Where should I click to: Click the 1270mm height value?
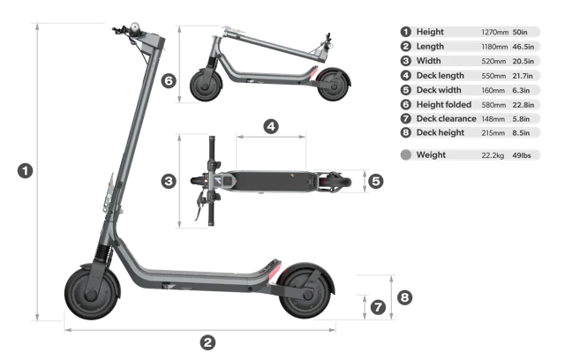tap(494, 33)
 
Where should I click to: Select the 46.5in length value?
tap(524, 47)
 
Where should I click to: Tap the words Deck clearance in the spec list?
tap(446, 119)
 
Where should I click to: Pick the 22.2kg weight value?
tap(493, 155)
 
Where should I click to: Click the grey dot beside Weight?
tap(406, 155)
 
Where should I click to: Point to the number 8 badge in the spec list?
tap(406, 133)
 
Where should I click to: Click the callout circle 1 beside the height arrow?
tap(26, 170)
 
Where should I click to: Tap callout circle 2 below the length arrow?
tap(208, 342)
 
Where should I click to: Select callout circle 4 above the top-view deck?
tap(271, 126)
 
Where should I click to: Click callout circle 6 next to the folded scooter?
tap(169, 80)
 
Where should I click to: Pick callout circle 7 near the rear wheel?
tap(378, 307)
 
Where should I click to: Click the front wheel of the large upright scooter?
tap(92, 294)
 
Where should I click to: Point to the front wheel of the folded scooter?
tap(206, 86)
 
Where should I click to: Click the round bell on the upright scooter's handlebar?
tap(135, 27)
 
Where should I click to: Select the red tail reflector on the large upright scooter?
tap(275, 270)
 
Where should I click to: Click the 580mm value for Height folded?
tap(493, 105)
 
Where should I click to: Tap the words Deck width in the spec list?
tap(439, 90)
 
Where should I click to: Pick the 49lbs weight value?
tap(522, 155)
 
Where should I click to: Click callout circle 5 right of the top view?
tap(376, 181)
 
